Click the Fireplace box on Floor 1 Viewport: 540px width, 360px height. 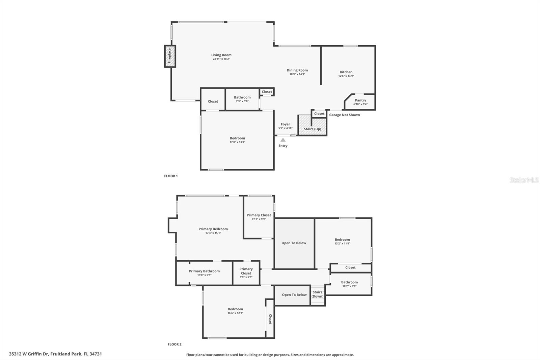(x=170, y=56)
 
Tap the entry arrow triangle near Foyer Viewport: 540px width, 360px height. (x=283, y=140)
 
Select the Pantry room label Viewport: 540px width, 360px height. (x=360, y=100)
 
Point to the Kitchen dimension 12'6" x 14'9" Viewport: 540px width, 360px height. (x=346, y=76)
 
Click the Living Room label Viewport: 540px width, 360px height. (x=221, y=55)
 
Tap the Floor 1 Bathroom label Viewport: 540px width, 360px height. (x=242, y=97)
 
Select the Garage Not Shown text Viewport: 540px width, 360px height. (x=344, y=115)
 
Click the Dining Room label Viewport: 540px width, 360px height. (x=297, y=70)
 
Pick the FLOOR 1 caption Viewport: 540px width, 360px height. (x=171, y=176)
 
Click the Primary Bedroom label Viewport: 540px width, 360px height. (x=213, y=229)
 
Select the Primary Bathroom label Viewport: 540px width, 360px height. (x=204, y=271)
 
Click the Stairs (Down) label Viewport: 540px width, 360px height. (x=317, y=294)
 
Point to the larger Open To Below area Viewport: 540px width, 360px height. (x=294, y=243)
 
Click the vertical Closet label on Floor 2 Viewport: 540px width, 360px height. (x=270, y=319)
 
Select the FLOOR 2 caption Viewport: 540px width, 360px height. (x=174, y=344)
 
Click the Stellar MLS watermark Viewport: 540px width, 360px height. (x=524, y=180)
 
